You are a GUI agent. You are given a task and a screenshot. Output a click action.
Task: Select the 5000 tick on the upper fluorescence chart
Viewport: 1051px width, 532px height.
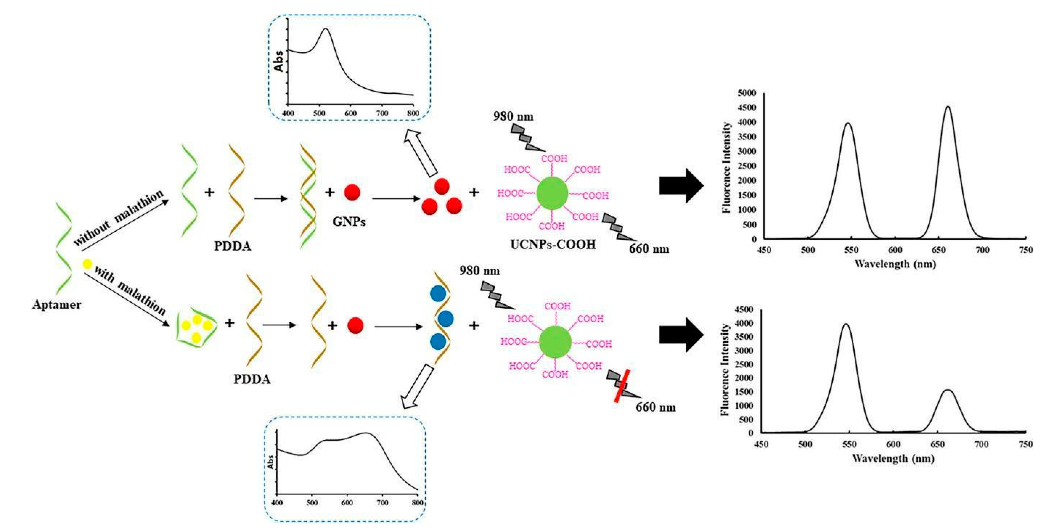747,93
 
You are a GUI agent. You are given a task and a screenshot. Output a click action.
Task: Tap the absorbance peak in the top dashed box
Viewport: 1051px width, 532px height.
325,29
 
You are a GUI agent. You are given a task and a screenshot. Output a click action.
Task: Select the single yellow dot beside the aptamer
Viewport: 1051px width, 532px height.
87,264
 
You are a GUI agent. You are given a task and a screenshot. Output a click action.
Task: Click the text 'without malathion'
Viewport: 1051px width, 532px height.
118,218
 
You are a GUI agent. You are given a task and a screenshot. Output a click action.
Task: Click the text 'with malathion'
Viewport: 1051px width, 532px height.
130,290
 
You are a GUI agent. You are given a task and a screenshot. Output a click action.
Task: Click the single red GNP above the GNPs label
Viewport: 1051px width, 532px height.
352,192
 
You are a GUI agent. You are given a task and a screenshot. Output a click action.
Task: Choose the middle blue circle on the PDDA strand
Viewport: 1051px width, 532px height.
446,318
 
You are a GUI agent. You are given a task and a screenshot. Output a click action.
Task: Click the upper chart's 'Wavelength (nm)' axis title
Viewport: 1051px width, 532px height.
895,264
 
